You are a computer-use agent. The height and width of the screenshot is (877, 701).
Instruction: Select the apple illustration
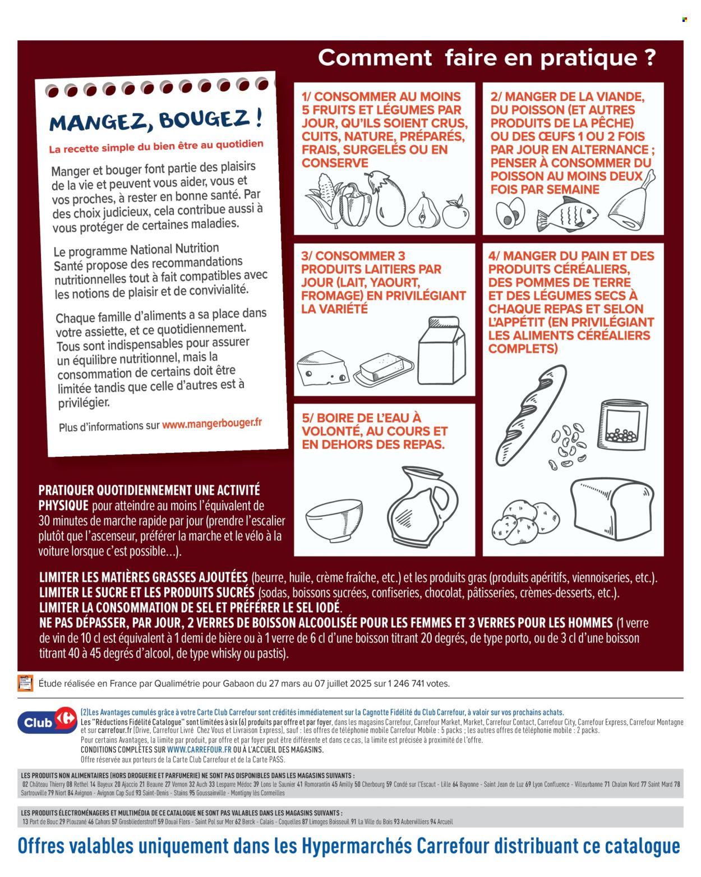point(455,212)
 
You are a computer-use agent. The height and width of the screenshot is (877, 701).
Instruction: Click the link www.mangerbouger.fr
point(212,424)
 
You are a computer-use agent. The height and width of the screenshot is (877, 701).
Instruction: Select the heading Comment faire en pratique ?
point(487,58)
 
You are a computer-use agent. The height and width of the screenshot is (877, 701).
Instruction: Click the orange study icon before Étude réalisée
point(25,683)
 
